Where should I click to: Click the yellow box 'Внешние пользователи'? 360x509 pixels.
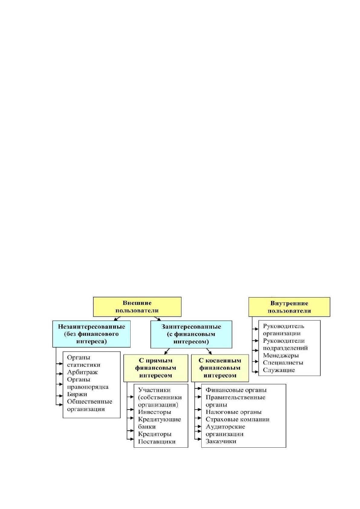tap(137, 307)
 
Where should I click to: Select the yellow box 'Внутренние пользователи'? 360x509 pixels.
tap(289, 307)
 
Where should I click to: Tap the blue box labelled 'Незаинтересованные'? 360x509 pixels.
tap(91, 334)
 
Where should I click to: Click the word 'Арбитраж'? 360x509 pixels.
tap(82, 372)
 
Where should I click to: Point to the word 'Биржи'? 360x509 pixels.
tap(77, 394)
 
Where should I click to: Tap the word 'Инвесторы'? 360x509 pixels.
tap(154, 412)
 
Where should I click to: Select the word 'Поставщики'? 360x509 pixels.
tap(157, 442)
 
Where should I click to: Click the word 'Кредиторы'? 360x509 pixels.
tap(154, 434)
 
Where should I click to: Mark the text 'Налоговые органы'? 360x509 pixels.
tap(233, 412)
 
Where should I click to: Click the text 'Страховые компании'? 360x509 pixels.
tap(238, 420)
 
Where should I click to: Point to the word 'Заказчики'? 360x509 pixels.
tap(221, 441)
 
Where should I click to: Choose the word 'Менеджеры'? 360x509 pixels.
tap(281, 355)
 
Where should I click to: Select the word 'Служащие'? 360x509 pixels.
tap(279, 370)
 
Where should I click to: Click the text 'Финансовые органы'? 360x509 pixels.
tap(236, 390)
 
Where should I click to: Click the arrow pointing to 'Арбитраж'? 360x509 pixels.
tap(59, 374)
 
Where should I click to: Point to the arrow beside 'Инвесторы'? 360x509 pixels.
tap(131, 410)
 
